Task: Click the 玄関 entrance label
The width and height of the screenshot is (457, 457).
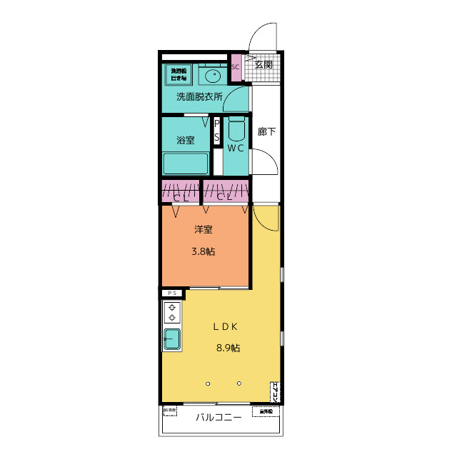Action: [263, 64]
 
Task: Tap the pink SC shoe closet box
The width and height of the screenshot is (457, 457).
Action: [235, 68]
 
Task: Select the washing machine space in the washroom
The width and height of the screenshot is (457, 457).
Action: [178, 73]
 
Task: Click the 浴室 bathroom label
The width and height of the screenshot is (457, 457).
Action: [185, 140]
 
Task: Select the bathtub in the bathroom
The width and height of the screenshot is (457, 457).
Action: [185, 164]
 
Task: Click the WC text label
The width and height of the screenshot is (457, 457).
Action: [236, 149]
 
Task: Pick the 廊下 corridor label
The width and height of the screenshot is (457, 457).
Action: [266, 131]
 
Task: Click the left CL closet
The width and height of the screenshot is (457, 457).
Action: [180, 192]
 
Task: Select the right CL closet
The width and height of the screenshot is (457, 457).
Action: [226, 192]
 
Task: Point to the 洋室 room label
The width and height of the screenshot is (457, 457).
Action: [204, 230]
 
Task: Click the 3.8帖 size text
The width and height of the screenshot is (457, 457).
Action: [204, 252]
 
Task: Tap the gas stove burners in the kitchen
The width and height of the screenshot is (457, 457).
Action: [172, 312]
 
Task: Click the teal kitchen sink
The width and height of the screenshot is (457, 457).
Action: [172, 339]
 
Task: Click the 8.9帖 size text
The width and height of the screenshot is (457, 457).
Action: [228, 348]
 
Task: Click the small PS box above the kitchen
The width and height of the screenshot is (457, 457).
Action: [171, 293]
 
